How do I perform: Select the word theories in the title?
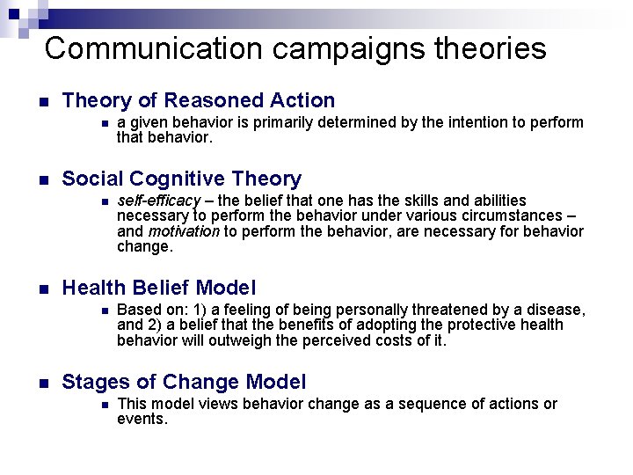coord(491,48)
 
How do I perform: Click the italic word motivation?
coord(184,231)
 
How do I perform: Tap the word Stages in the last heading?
coord(92,383)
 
